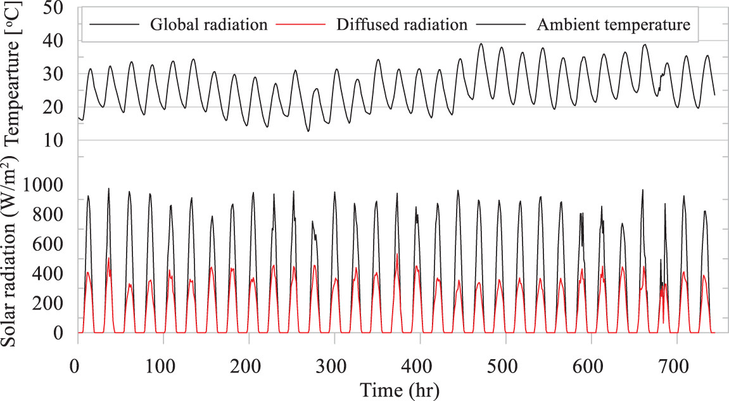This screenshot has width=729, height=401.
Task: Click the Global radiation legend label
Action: pyautogui.click(x=208, y=25)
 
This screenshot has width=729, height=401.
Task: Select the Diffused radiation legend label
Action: pyautogui.click(x=402, y=25)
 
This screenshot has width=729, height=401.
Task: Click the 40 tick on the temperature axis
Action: pyautogui.click(x=54, y=41)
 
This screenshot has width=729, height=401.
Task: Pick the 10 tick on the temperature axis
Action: pyautogui.click(x=54, y=140)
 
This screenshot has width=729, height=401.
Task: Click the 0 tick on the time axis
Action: pyautogui.click(x=77, y=366)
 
